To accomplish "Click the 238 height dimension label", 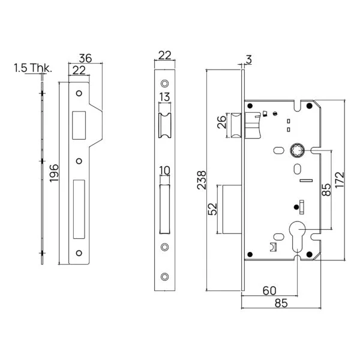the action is point(202,180).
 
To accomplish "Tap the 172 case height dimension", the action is point(340,180).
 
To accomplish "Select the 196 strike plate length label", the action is point(54,173).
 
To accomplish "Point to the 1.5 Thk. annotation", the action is point(33,68).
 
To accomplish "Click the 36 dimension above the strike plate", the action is point(85,58).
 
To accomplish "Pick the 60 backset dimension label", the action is point(269,290).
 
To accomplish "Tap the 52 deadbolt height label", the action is point(212,209).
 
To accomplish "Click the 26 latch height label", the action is point(222,122).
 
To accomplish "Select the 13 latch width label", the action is point(164,97).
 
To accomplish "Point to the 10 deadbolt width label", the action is point(164,170).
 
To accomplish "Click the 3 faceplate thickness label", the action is point(249,59).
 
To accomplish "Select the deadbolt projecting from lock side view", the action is point(232,209).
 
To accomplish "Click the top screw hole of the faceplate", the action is point(164,83).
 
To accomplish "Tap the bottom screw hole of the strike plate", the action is point(79,253).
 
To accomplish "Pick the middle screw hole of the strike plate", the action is point(79,161).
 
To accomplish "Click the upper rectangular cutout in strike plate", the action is point(79,125).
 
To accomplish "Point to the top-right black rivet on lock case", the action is point(309,106).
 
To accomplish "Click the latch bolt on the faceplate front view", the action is point(164,125).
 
